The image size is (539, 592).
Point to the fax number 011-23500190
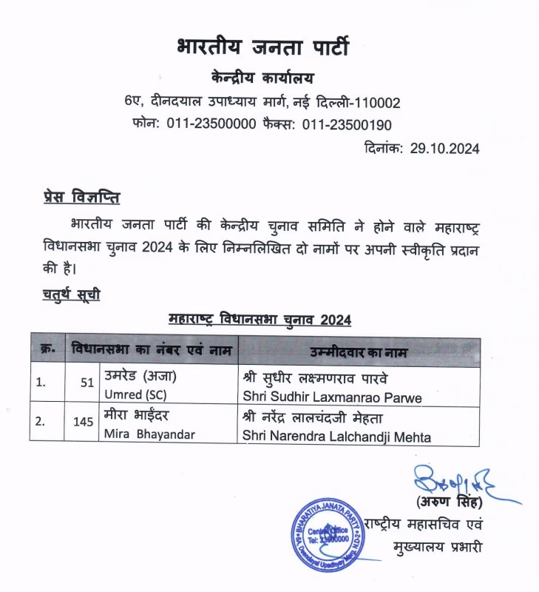pyautogui.click(x=347, y=124)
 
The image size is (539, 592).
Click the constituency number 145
pyautogui.click(x=84, y=422)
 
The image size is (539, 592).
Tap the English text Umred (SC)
pyautogui.click(x=135, y=393)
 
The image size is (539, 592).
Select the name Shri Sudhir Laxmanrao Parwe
pyautogui.click(x=332, y=398)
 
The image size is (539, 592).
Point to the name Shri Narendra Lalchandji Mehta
pyautogui.click(x=336, y=437)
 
